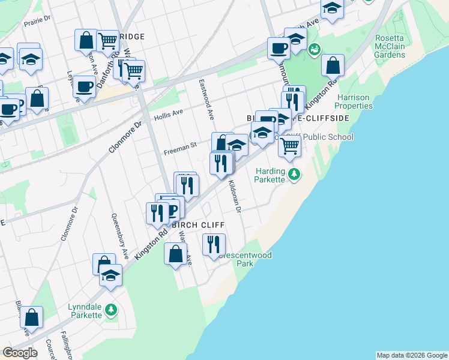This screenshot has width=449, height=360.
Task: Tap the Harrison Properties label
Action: [x=354, y=101]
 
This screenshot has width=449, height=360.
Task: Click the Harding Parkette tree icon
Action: [x=294, y=174]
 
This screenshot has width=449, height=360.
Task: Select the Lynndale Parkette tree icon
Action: [x=110, y=310]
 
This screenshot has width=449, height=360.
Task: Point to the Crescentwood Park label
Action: [x=245, y=259]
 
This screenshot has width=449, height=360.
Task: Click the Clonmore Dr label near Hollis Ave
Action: [x=128, y=137]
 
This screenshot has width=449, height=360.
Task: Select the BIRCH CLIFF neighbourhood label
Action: [x=198, y=225]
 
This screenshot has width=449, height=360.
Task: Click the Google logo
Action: [x=20, y=353]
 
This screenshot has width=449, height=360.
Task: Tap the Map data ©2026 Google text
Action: [x=412, y=355]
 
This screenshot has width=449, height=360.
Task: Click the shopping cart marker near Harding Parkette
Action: [x=289, y=145]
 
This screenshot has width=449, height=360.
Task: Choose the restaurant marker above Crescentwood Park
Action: [x=214, y=244]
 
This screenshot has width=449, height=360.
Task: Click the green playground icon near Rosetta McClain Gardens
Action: [x=313, y=49]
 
